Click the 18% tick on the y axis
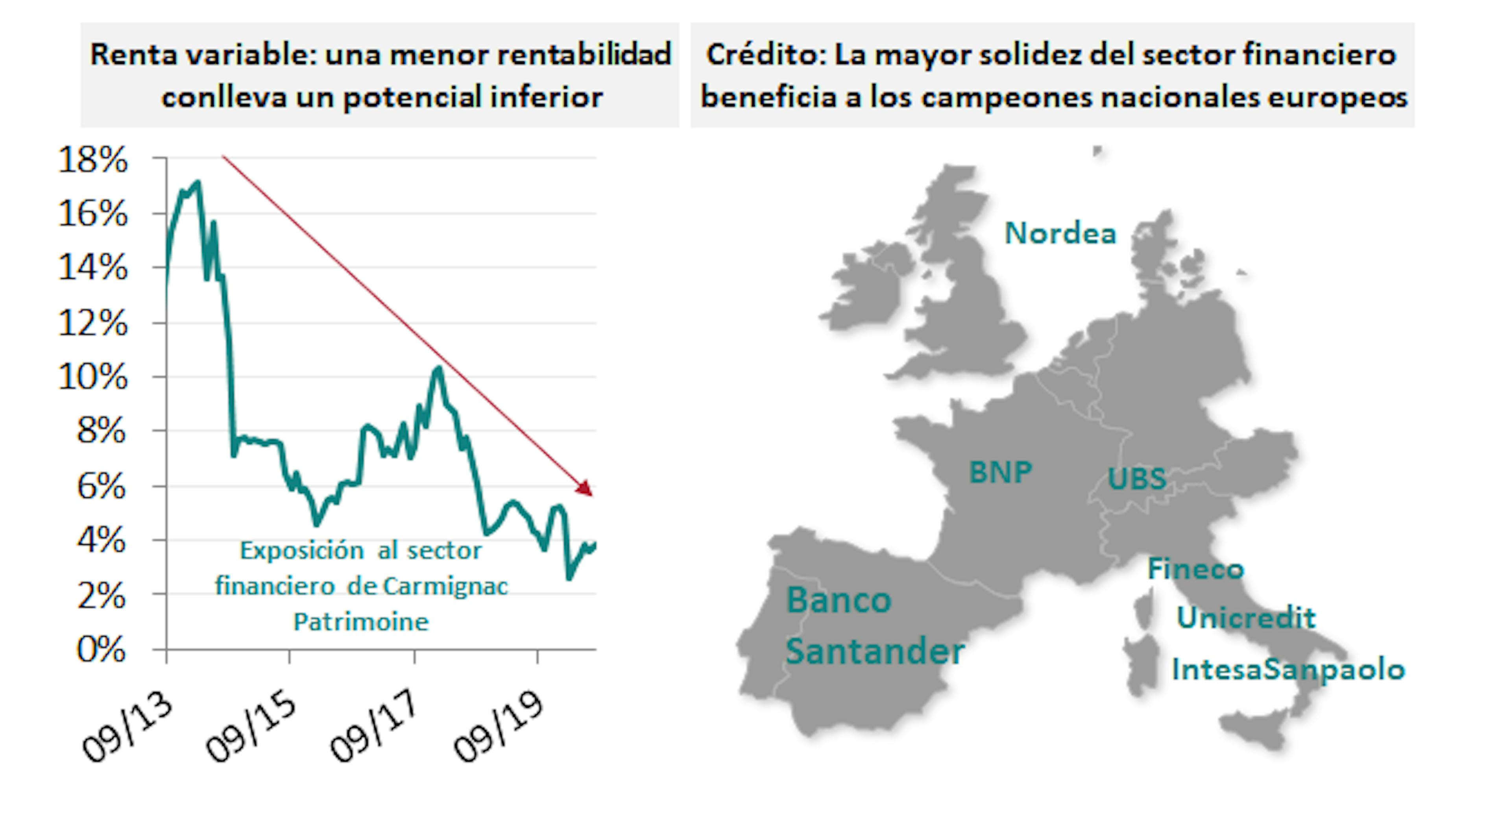coord(93,160)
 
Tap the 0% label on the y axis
coord(101,650)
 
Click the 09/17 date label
coord(374,728)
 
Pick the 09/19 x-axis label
coord(498,728)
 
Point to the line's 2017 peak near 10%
coord(438,368)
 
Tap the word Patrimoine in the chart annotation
coord(361,622)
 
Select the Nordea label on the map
coord(1060,233)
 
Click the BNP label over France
coord(1000,472)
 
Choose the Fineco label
coord(1195,569)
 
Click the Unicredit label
coord(1246,618)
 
